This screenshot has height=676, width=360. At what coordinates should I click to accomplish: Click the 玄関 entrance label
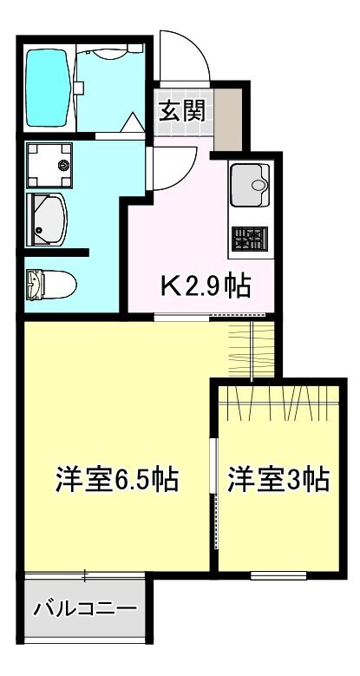pyautogui.click(x=181, y=111)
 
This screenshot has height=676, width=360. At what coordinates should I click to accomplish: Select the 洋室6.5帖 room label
pyautogui.click(x=117, y=479)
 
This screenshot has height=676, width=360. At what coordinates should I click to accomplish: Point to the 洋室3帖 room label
pyautogui.click(x=278, y=479)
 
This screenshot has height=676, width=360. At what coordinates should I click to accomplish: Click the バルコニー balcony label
pyautogui.click(x=85, y=607)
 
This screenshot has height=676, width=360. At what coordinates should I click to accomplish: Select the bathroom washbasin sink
pyautogui.click(x=48, y=219)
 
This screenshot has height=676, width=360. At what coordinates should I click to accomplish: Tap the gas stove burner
pyautogui.click(x=251, y=237)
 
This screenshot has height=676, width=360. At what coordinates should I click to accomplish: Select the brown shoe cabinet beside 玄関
pyautogui.click(x=227, y=115)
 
